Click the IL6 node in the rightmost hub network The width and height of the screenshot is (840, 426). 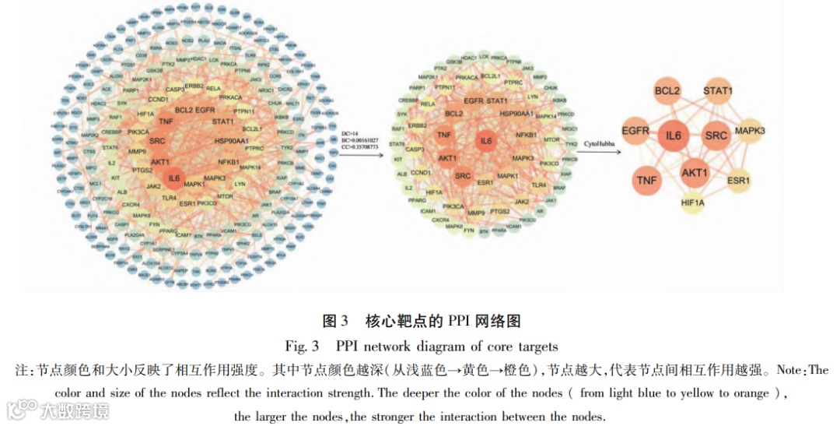pyautogui.click(x=674, y=136)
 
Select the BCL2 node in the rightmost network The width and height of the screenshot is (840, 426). pyautogui.click(x=667, y=93)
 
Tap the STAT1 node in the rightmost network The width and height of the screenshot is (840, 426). pyautogui.click(x=718, y=92)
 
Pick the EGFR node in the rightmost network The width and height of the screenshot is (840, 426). pyautogui.click(x=635, y=132)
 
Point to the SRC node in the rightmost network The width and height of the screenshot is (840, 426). pyautogui.click(x=716, y=136)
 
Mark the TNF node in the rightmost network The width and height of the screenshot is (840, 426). pyautogui.click(x=646, y=180)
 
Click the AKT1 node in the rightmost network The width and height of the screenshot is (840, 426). pyautogui.click(x=694, y=172)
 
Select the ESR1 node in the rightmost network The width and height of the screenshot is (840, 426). pyautogui.click(x=738, y=181)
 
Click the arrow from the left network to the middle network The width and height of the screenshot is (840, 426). pyautogui.click(x=362, y=155)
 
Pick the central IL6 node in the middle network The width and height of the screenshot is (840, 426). pyautogui.click(x=486, y=141)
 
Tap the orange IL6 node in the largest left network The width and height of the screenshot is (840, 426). pyautogui.click(x=174, y=178)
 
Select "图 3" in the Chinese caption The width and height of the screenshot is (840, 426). pyautogui.click(x=337, y=321)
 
